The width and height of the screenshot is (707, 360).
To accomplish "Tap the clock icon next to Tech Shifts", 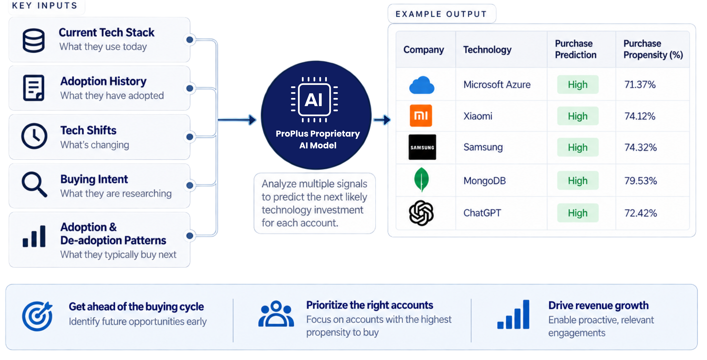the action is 34,136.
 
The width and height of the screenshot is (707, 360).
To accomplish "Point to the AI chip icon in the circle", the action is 314,100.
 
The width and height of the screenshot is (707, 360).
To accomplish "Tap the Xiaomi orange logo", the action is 421,115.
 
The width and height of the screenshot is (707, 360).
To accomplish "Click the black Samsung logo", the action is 422,147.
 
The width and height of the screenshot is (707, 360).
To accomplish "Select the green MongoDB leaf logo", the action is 421,179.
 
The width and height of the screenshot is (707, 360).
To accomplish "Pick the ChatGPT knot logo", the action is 421,213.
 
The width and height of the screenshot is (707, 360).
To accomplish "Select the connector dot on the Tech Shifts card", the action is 190,137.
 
